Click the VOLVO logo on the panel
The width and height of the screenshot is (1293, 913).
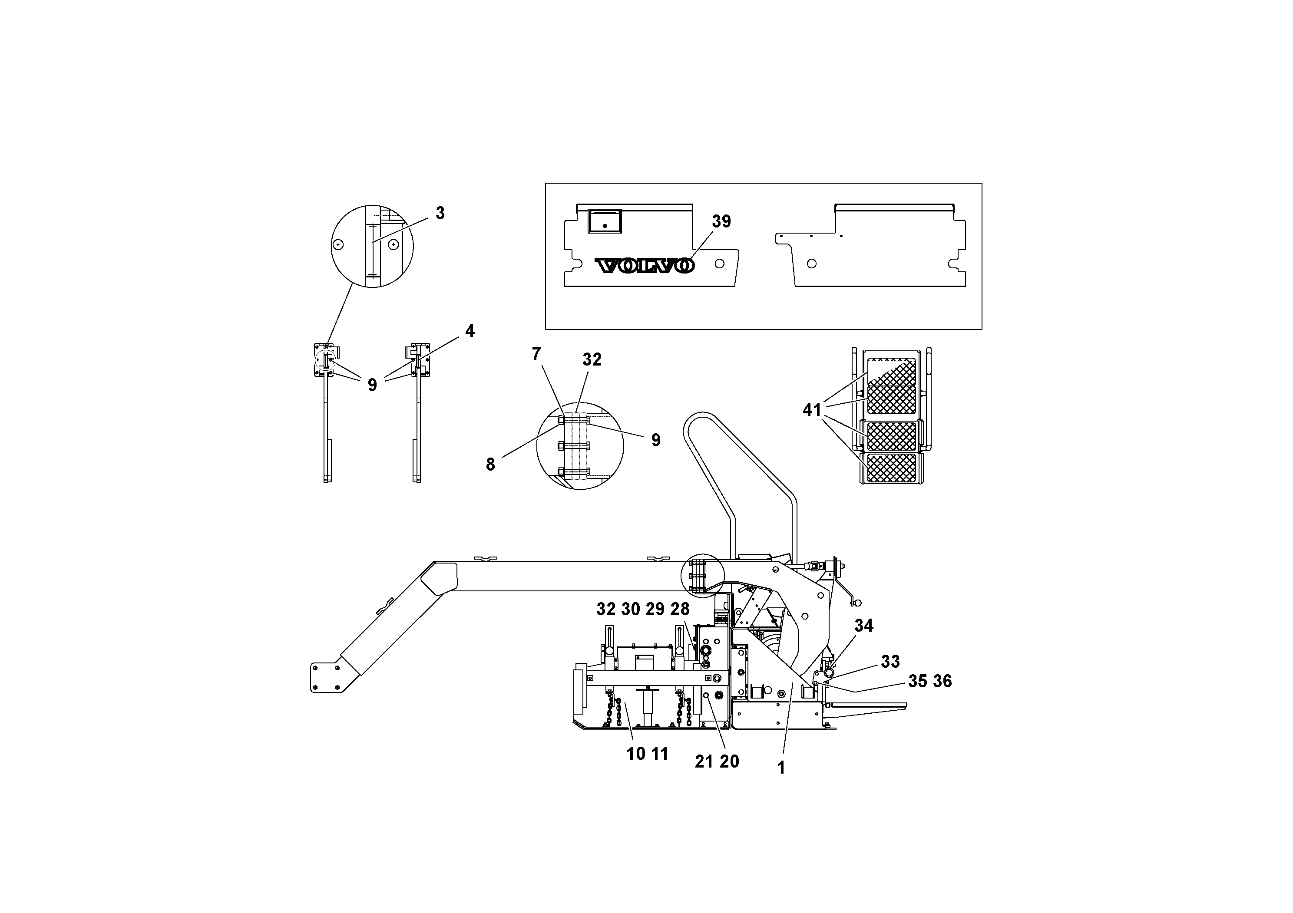645,266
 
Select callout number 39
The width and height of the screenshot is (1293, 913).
721,222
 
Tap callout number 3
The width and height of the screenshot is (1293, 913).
440,213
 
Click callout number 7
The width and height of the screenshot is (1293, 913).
536,354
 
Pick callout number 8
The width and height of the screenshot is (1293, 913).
490,465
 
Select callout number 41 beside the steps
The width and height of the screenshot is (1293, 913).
811,410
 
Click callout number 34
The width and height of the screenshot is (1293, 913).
863,625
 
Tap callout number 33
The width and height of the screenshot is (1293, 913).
890,661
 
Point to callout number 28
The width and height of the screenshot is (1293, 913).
680,609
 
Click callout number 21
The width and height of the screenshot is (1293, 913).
704,761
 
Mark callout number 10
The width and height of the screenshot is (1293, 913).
636,754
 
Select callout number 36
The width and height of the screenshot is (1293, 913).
942,681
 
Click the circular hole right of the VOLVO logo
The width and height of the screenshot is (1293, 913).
719,263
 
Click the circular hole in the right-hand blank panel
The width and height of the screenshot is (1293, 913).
811,264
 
